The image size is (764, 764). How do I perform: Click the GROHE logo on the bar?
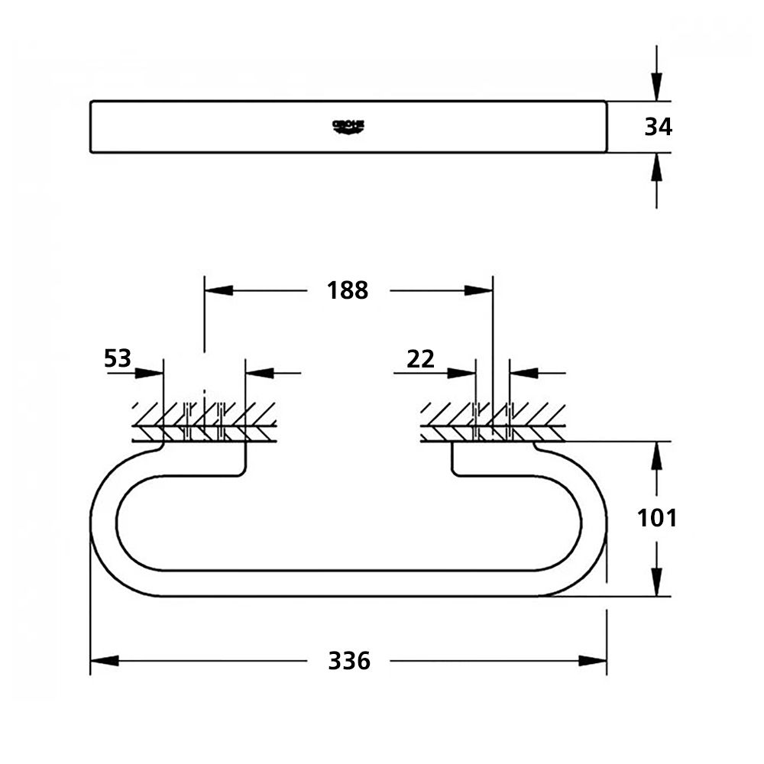click(x=348, y=126)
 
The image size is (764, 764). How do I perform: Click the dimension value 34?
click(x=658, y=127)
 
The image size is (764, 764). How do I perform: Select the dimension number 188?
click(x=348, y=290)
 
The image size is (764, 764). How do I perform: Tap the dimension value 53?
click(x=118, y=358)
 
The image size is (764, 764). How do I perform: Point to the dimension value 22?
click(x=420, y=358)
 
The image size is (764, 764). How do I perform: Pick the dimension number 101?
click(x=657, y=519)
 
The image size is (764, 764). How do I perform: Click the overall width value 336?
click(x=349, y=661)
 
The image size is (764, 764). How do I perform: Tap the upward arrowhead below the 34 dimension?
click(x=656, y=167)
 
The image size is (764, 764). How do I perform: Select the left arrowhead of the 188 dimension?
click(x=218, y=290)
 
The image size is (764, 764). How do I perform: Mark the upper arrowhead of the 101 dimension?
click(x=656, y=456)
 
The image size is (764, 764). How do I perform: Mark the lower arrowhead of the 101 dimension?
click(x=656, y=583)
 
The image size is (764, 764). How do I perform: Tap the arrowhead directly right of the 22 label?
click(x=463, y=373)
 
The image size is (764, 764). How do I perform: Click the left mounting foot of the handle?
click(x=204, y=458)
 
